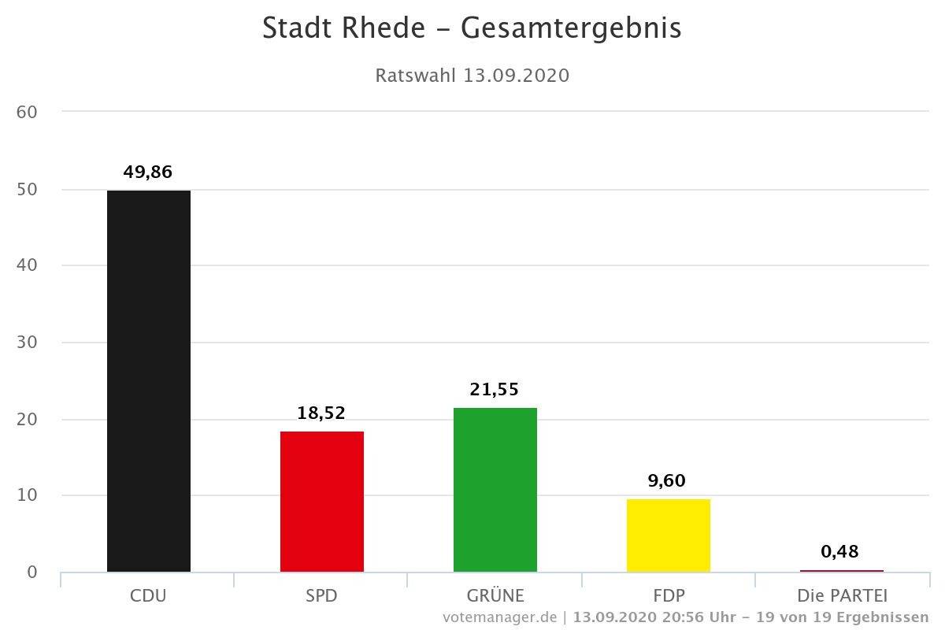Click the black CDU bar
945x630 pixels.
[148, 381]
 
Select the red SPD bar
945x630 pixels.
[321, 502]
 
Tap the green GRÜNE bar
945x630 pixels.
[495, 490]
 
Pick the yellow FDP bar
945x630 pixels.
[668, 535]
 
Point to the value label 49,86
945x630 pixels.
[147, 172]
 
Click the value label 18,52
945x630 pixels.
[321, 413]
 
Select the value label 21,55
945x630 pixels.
[495, 389]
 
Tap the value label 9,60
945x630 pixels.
[668, 480]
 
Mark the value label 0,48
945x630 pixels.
[839, 551]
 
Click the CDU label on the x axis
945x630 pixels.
[148, 595]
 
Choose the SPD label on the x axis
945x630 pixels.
[321, 595]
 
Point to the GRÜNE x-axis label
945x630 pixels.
[495, 595]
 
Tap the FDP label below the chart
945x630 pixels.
[668, 595]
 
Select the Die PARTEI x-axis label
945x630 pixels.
[842, 595]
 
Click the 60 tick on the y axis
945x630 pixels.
[27, 112]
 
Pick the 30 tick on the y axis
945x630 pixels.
[27, 343]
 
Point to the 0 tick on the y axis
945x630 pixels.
[31, 572]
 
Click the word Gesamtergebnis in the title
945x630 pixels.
[571, 28]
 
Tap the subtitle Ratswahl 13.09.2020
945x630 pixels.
[472, 76]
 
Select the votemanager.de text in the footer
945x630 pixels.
[499, 616]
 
